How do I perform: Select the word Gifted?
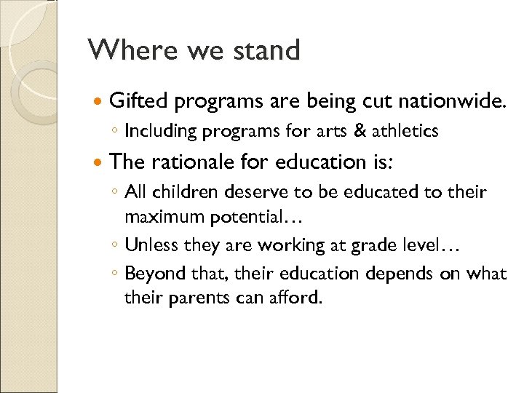[138, 100]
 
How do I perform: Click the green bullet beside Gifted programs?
[99, 100]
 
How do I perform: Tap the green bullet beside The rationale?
[99, 162]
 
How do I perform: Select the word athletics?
[405, 131]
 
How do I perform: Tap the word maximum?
[164, 216]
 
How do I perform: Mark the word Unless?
[151, 245]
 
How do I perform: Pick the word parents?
[205, 298]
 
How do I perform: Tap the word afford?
[295, 297]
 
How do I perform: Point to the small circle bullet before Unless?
[115, 246]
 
